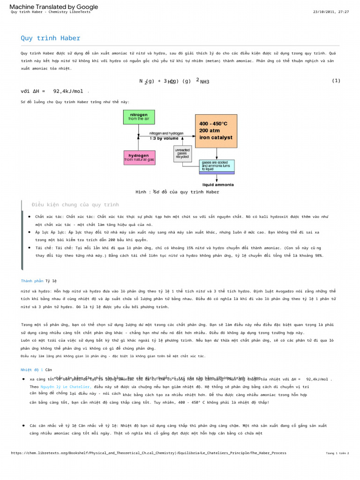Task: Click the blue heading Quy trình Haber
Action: tap(50, 38)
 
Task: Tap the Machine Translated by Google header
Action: tap(54, 7)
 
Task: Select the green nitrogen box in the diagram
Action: tap(138, 117)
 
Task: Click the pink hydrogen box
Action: tap(139, 157)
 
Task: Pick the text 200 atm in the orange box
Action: tap(210, 131)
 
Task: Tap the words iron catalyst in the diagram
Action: tap(216, 138)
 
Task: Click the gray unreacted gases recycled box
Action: tap(182, 153)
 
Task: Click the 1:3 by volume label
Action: tap(164, 138)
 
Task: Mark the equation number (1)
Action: tap(336, 81)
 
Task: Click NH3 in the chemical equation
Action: tap(204, 82)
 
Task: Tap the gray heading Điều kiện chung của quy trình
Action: tap(75, 205)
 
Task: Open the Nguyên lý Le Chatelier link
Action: tap(60, 387)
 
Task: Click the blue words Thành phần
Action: tap(32, 281)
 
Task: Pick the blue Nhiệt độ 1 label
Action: tap(32, 370)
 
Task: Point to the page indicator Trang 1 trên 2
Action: tap(337, 453)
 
